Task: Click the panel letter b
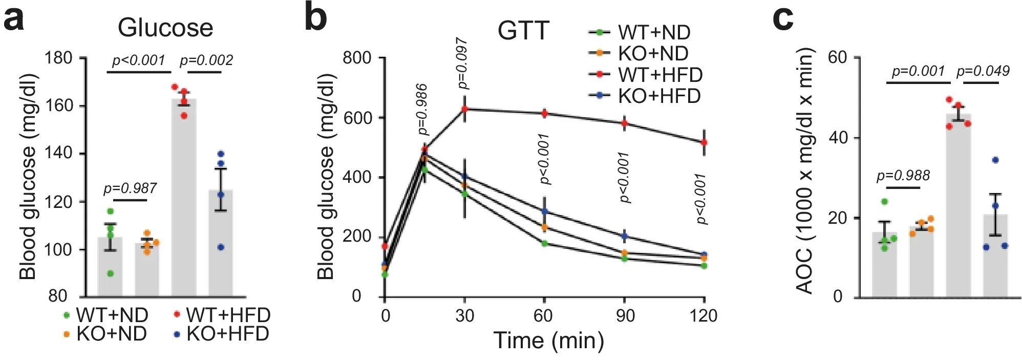tap(316, 18)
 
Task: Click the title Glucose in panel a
tap(165, 28)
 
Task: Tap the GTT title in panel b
tap(523, 31)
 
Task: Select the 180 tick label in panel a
tap(58, 58)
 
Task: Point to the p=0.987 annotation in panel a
tap(130, 188)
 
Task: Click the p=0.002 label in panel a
tap(206, 60)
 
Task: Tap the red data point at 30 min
tap(465, 109)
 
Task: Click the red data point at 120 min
tap(704, 142)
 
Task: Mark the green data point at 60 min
tap(544, 243)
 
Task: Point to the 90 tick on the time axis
tap(625, 316)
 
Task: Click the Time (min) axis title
tap(548, 341)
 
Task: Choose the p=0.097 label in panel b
tap(462, 63)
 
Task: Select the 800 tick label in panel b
tap(357, 58)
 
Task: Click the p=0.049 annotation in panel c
tap(983, 71)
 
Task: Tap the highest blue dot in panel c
tap(995, 160)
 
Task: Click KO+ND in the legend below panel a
tap(111, 334)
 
